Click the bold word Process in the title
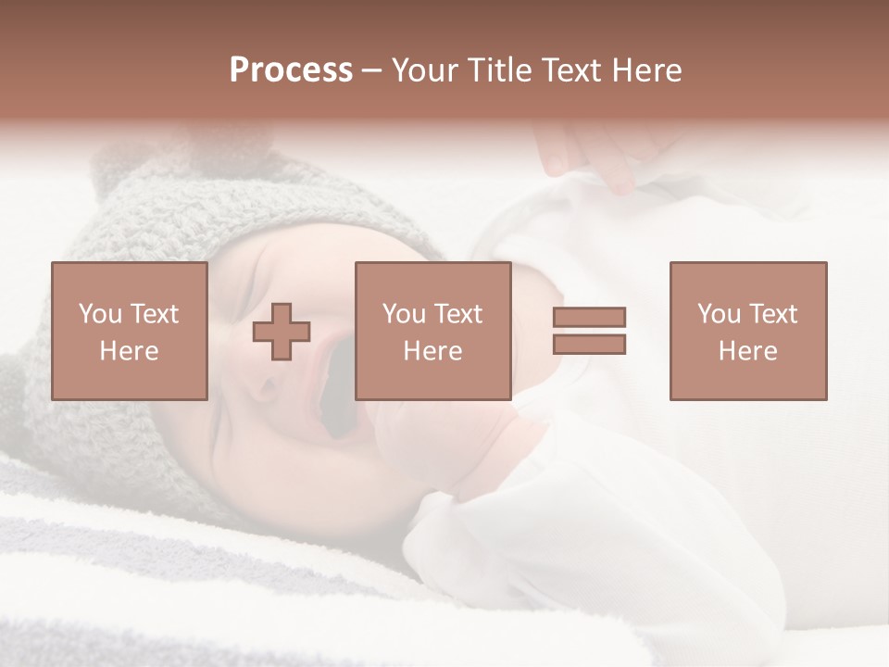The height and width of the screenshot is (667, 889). click(x=291, y=70)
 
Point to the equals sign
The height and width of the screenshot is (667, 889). click(x=589, y=331)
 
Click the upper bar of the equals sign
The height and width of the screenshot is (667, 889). click(x=589, y=318)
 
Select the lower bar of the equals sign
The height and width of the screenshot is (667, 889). click(x=589, y=345)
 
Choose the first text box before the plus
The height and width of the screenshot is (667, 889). click(x=129, y=331)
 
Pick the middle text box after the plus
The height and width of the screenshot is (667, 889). click(x=432, y=331)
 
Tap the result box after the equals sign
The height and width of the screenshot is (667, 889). click(x=747, y=331)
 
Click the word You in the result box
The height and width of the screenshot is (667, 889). click(x=719, y=314)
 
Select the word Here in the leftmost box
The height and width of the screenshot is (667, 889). click(x=129, y=351)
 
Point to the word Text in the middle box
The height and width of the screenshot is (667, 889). click(x=457, y=314)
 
